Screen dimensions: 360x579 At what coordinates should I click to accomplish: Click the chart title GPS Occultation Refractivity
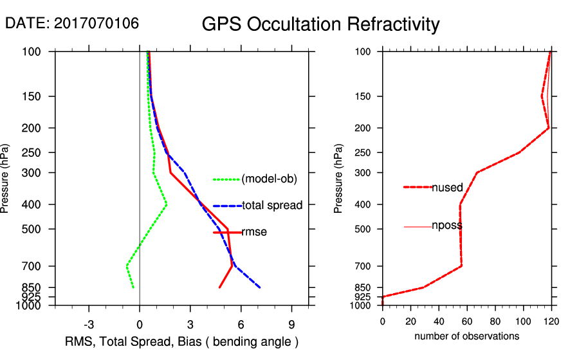click(320, 24)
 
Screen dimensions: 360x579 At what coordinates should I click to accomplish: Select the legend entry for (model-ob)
click(269, 179)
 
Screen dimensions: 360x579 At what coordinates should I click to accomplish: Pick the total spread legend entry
click(269, 206)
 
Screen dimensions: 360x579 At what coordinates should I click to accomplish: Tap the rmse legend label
click(254, 233)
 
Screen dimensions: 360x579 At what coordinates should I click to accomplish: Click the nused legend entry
click(447, 188)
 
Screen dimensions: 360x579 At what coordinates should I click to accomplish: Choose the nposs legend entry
click(447, 226)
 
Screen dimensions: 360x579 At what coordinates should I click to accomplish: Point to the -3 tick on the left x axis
click(89, 324)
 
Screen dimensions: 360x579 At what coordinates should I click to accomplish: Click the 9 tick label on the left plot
click(291, 324)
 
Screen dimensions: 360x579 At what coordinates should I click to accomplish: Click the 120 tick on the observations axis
click(551, 320)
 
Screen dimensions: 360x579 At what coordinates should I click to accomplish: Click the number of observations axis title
click(466, 336)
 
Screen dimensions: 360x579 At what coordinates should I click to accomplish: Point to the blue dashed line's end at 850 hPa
click(260, 287)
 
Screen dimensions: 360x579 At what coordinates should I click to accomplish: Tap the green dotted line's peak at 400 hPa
click(167, 204)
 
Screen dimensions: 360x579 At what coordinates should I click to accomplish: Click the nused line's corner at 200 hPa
click(548, 128)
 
